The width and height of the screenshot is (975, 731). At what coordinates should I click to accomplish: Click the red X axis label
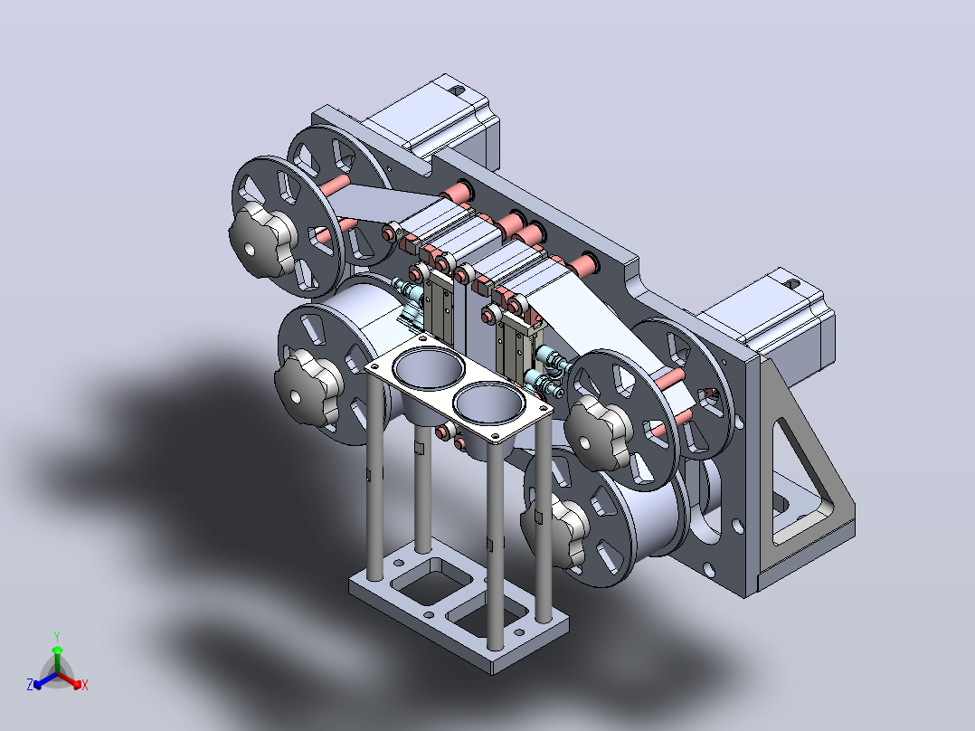85,685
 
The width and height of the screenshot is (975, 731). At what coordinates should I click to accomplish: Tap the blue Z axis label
30,684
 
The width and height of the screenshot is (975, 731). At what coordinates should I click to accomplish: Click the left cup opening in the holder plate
430,367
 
